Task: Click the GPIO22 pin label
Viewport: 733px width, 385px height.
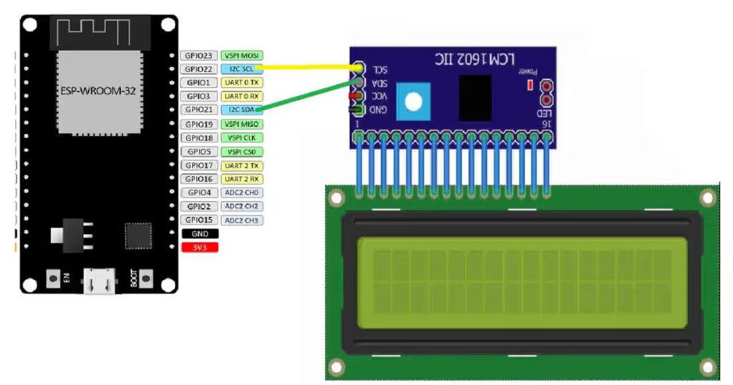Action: (198, 69)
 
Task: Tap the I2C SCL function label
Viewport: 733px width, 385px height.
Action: (241, 69)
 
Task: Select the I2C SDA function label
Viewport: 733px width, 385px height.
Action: (241, 109)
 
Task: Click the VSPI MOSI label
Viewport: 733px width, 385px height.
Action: (242, 55)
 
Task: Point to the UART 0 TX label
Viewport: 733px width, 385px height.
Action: (242, 82)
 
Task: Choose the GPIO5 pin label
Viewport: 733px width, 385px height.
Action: (198, 152)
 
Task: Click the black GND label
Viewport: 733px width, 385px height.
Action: (200, 233)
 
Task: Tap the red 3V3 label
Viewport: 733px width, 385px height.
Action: (200, 247)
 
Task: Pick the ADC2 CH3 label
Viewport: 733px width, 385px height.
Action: (242, 220)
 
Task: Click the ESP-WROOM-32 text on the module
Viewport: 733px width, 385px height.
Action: (97, 91)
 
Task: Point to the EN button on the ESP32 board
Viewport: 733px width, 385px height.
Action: (52, 277)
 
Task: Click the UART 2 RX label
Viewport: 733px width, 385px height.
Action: (242, 179)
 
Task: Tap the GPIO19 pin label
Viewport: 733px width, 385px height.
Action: (198, 124)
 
